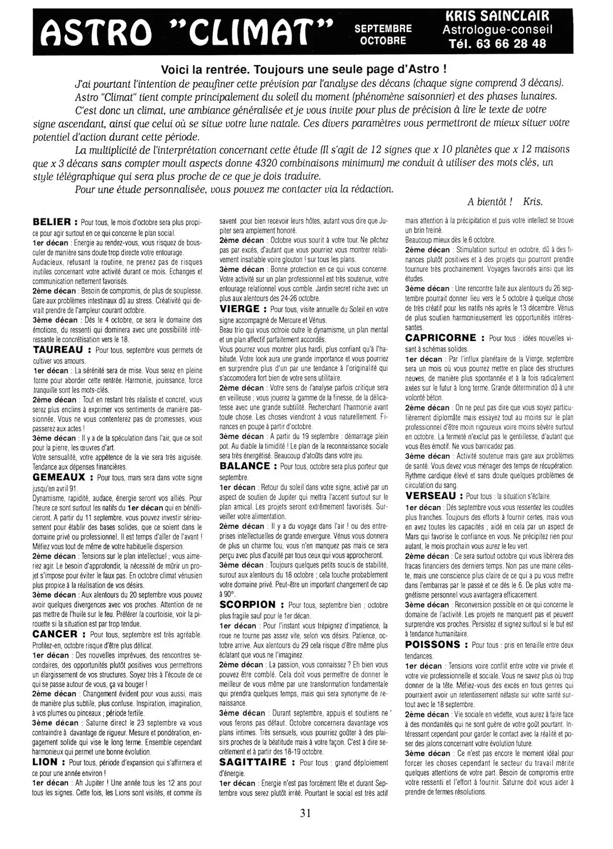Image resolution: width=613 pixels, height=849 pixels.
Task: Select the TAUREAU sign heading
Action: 58,350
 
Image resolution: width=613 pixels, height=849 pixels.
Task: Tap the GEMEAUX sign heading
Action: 59,477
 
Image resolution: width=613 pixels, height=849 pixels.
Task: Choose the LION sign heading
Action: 45,762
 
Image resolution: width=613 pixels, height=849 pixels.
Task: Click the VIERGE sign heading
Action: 239,309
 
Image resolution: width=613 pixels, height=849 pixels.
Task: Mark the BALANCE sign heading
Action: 245,466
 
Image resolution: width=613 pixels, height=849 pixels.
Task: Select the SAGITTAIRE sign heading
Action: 253,762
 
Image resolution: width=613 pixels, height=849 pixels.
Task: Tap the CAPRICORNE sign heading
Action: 441,338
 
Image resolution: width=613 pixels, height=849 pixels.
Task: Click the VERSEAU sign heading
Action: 431,496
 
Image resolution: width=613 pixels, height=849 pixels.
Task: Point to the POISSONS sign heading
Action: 433,644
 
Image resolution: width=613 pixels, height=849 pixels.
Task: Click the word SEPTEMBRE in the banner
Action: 383,29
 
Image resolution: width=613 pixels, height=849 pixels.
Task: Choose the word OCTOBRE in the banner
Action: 383,40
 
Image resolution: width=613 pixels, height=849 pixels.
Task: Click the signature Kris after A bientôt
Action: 533,202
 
